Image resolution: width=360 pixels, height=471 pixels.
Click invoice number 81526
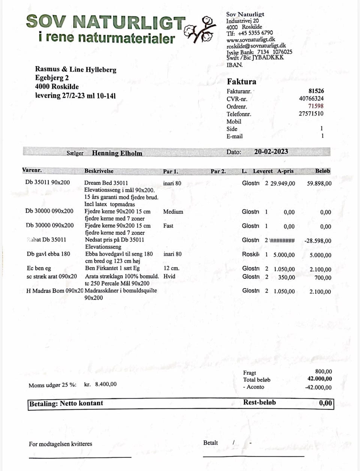316,91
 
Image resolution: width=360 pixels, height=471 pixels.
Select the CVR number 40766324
311,99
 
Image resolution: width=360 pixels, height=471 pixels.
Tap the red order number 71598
316,106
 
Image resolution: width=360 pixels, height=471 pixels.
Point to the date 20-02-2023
271,152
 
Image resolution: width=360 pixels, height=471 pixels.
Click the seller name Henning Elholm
117,153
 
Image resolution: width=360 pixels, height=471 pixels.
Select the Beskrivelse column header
99,171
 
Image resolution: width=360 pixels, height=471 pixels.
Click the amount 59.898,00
319,183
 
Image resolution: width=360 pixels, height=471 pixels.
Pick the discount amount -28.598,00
318,241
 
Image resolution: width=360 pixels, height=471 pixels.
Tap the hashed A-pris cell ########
282,240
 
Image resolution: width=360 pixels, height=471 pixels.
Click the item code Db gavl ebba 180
48,254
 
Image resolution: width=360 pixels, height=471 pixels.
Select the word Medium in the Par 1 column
173,212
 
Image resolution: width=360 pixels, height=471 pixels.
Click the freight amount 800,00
323,372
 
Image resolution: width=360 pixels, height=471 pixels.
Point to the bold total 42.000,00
319,379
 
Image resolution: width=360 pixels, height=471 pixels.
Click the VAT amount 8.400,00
106,384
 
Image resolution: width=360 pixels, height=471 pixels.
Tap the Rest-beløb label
259,402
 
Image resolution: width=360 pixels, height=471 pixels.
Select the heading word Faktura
241,81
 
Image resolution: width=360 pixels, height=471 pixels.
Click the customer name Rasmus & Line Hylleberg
76,69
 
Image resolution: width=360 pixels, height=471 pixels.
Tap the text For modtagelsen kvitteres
60,444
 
